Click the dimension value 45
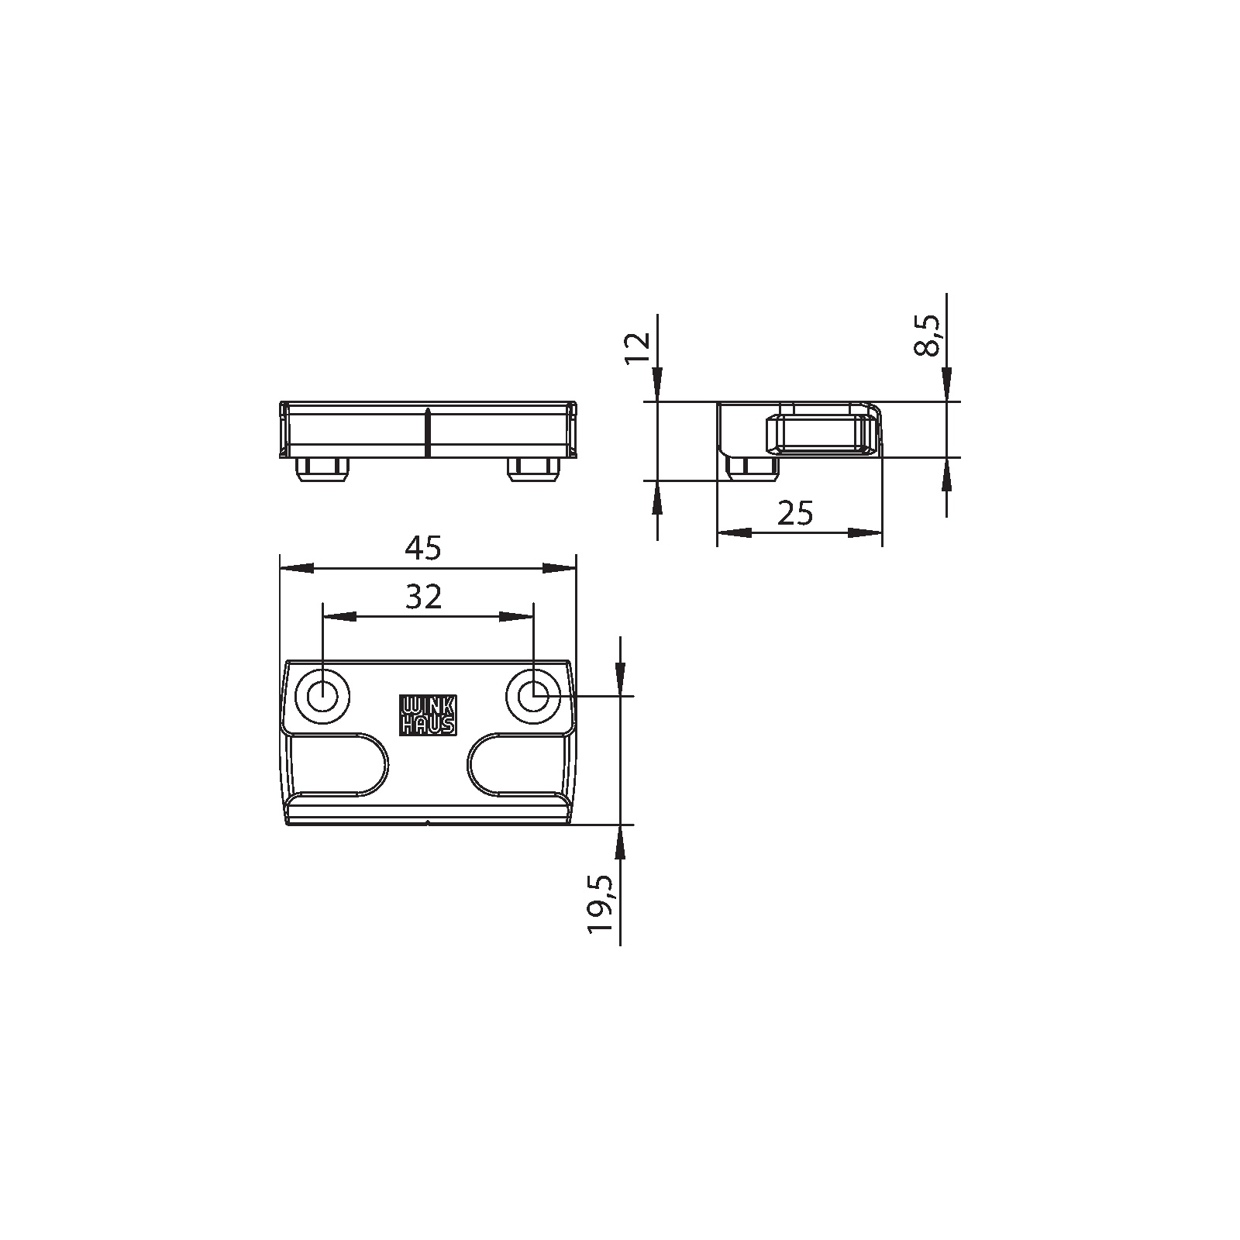(x=423, y=548)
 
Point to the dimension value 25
(x=796, y=512)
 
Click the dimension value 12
(x=638, y=350)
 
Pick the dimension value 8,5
(x=927, y=335)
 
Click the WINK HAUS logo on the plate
(x=428, y=714)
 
